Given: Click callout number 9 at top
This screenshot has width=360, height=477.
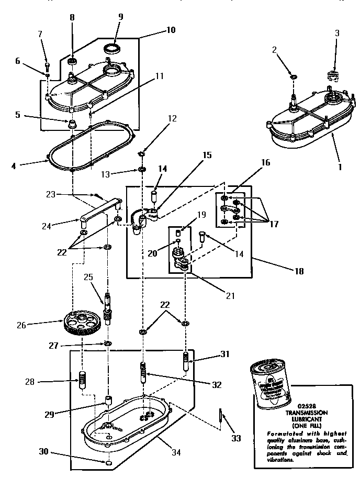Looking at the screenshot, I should point(120,17).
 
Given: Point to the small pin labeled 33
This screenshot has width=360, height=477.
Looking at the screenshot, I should point(221,417).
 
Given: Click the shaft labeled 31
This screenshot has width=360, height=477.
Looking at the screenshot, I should point(185,361).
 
